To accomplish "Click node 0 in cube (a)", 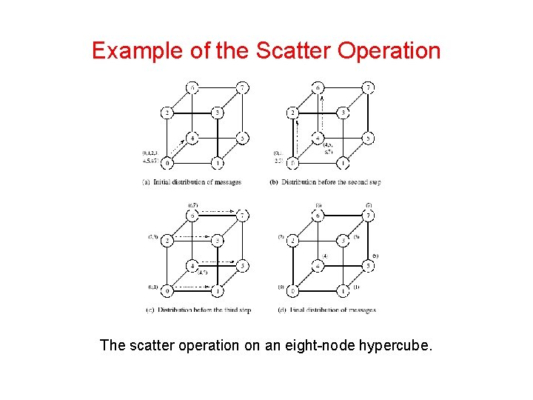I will click(170, 162).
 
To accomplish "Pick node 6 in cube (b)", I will click(318, 88).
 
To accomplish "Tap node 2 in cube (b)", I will click(294, 113).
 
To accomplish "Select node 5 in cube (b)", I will click(368, 138).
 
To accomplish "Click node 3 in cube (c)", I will click(217, 240).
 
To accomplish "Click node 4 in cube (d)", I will click(318, 265).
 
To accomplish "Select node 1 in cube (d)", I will click(343, 290).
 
